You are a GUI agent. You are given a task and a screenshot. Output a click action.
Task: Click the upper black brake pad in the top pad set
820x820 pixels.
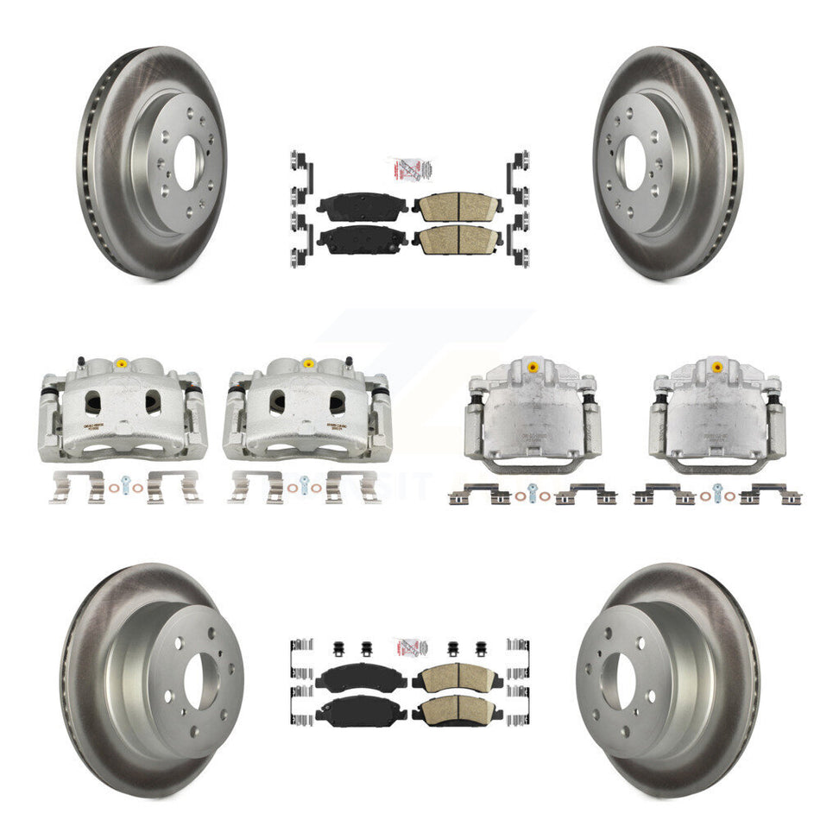(x=363, y=205)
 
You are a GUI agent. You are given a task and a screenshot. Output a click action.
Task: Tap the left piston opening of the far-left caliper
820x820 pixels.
(x=104, y=401)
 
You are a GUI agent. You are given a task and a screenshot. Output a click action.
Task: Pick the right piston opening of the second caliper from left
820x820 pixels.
(x=337, y=401)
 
